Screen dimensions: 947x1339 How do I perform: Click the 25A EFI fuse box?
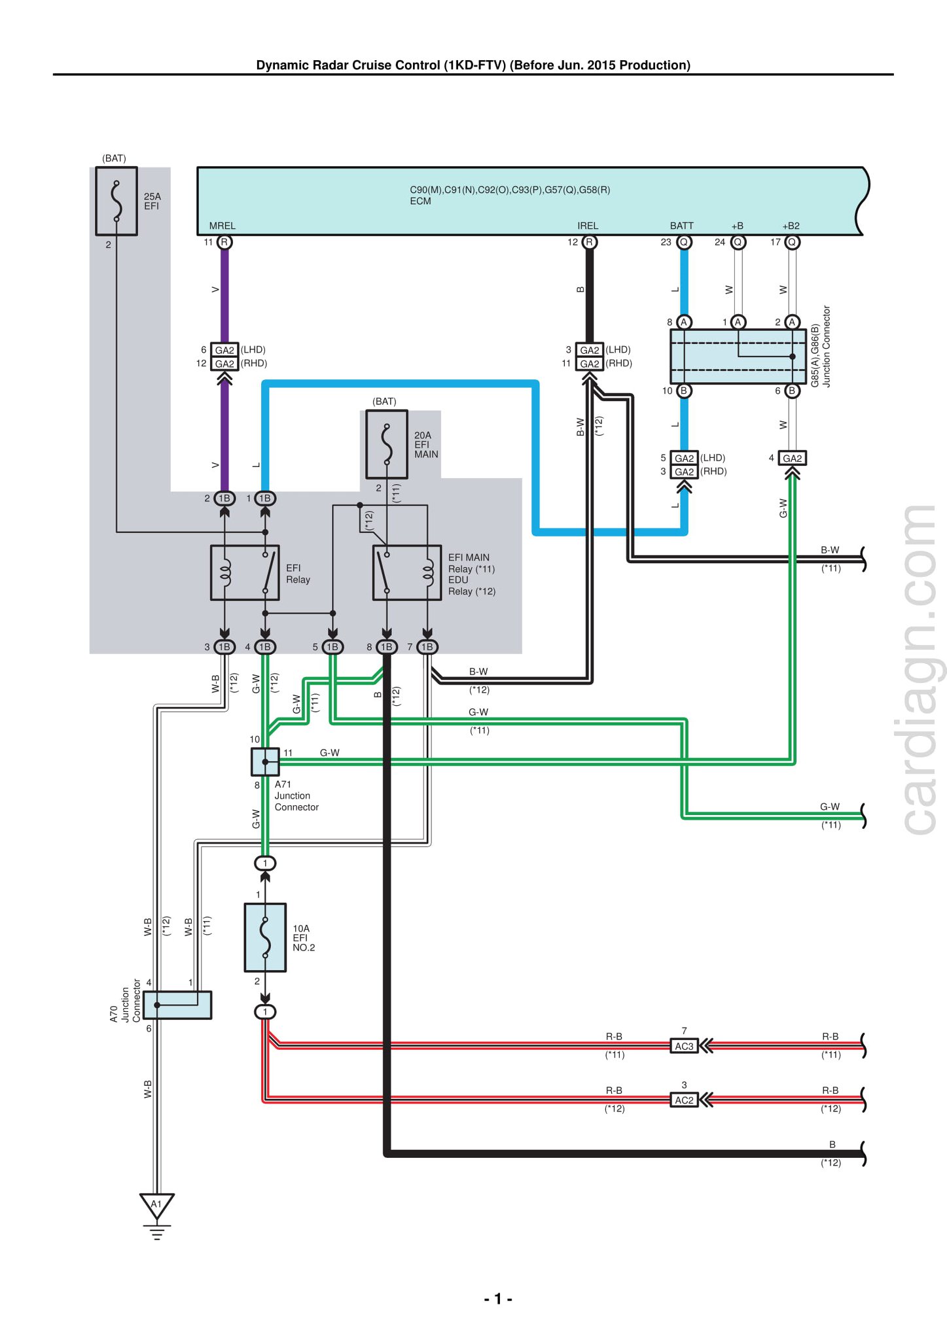(116, 201)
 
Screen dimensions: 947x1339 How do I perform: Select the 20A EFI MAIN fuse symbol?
(387, 444)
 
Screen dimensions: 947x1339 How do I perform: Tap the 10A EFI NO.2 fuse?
(265, 937)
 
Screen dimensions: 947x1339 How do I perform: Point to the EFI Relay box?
(245, 572)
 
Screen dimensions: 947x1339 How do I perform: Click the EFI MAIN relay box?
(407, 572)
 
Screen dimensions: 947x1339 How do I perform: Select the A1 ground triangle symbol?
(157, 1205)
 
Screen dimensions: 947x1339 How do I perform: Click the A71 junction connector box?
(265, 761)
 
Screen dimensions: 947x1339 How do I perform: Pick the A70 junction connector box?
(177, 1005)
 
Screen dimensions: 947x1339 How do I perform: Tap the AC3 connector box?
(684, 1046)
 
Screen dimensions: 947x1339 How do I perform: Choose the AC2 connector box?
(684, 1100)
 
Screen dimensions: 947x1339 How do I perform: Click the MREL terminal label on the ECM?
(223, 226)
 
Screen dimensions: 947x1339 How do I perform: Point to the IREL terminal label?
(588, 226)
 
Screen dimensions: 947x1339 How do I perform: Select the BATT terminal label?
(682, 226)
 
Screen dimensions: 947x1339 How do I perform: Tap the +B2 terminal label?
(791, 226)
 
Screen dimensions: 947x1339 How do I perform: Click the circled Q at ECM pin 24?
(738, 242)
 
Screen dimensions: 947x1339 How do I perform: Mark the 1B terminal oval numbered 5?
(332, 647)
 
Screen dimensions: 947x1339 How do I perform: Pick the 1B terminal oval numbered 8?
(387, 647)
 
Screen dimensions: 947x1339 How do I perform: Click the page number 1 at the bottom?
(498, 1298)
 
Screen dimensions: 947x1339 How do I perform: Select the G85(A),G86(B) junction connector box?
(738, 356)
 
